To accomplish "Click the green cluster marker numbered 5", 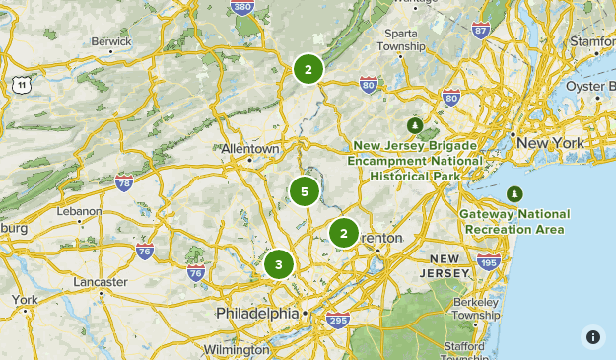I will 305,191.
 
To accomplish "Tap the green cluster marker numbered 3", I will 279,264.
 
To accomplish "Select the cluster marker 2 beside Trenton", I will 343,233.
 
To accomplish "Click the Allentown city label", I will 250,148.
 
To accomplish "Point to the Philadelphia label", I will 256,313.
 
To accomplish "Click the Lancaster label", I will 100,282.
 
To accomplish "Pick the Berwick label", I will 110,42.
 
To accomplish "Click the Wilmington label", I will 236,349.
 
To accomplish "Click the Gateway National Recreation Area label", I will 513,222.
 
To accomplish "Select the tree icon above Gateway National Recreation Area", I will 513,193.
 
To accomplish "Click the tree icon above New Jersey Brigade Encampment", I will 415,125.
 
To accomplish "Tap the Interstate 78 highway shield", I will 124,182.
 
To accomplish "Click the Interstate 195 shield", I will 488,260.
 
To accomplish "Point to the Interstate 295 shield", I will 337,320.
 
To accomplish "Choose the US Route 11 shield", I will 21,85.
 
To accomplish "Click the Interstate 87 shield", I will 480,30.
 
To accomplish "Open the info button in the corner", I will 592,336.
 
